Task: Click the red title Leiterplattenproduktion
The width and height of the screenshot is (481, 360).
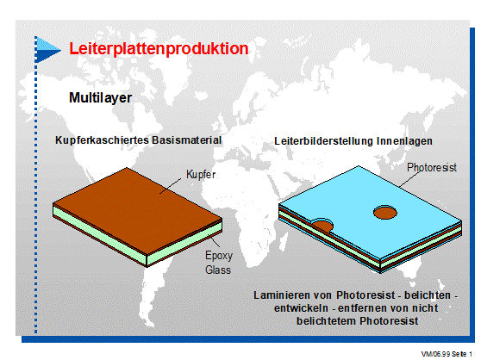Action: [x=159, y=49]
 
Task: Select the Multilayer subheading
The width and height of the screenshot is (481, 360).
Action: [x=100, y=98]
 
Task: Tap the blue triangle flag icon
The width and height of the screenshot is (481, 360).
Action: [x=48, y=50]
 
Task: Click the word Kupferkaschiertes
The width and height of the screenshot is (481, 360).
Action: [x=103, y=140]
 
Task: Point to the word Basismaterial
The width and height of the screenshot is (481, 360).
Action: [x=186, y=140]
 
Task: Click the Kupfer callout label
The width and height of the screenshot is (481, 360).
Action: [x=201, y=175]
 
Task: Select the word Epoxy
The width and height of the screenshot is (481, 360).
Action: [x=219, y=256]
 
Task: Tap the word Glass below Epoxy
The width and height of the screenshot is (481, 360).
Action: [x=218, y=270]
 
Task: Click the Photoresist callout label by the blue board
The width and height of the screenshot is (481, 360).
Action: [x=432, y=168]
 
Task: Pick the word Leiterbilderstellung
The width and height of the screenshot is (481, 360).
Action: [x=323, y=141]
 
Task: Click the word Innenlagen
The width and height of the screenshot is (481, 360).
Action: [x=404, y=141]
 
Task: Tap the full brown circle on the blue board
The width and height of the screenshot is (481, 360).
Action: [x=385, y=213]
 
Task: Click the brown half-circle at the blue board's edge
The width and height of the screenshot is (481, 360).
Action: [x=322, y=226]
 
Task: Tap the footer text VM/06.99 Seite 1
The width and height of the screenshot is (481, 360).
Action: [x=446, y=354]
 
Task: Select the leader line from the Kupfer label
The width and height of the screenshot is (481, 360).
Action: [x=171, y=186]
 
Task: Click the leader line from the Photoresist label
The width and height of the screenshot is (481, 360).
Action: [x=409, y=179]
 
